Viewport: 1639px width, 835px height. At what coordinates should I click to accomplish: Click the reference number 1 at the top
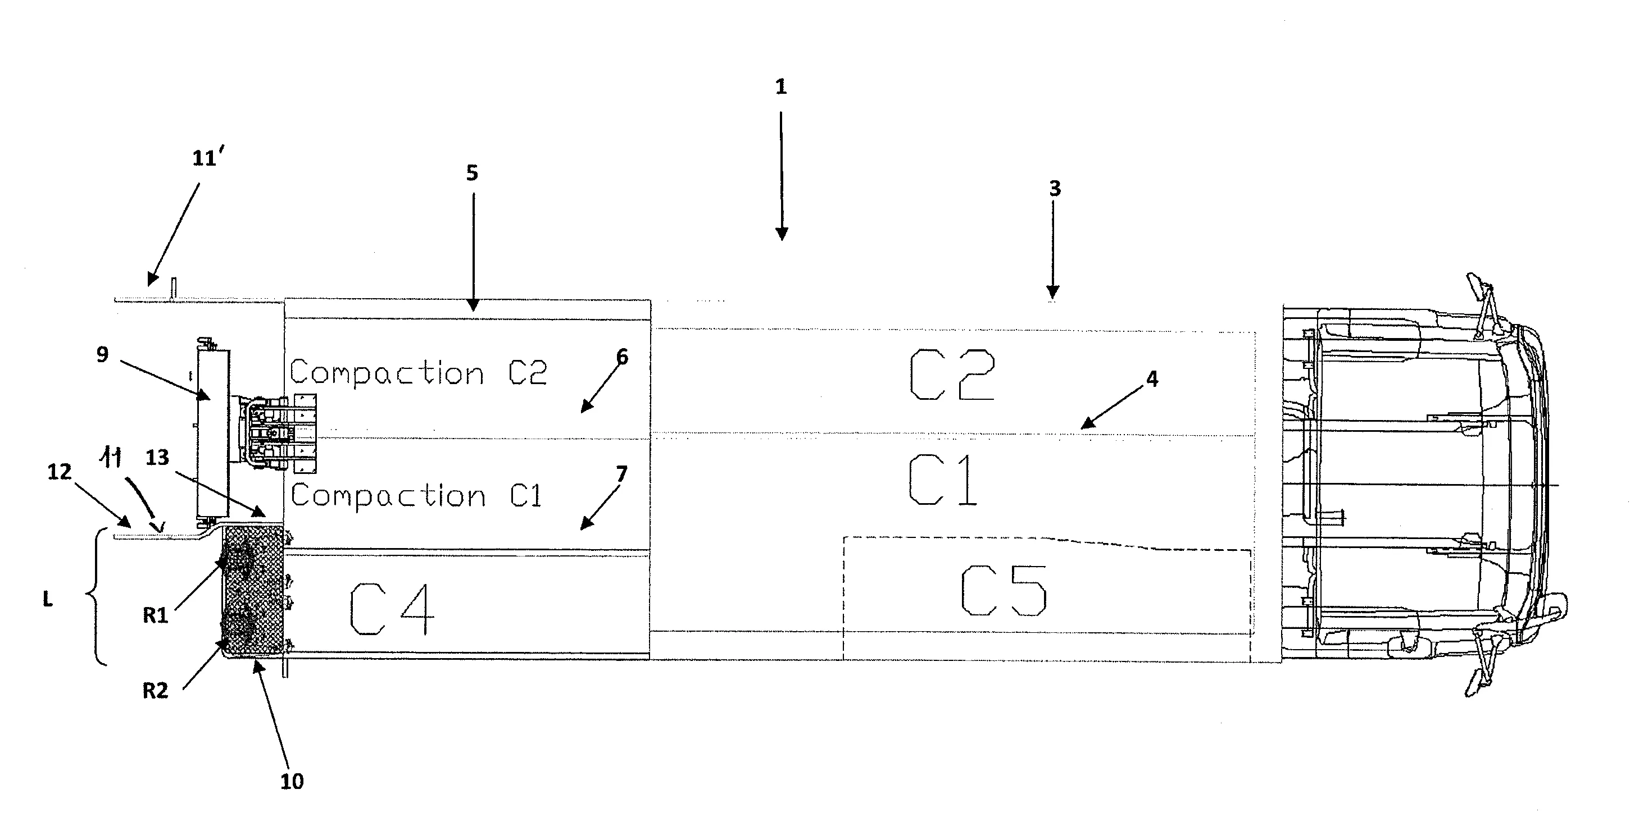point(780,87)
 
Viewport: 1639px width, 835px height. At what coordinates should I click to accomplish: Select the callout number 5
point(471,172)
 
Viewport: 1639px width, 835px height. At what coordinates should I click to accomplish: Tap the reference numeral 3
point(1055,188)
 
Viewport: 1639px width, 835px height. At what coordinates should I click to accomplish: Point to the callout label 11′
point(207,157)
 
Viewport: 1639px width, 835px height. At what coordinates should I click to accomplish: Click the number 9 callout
point(102,354)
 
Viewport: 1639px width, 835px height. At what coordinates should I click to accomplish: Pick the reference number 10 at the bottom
point(292,781)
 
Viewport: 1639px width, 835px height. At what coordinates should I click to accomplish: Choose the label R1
point(155,615)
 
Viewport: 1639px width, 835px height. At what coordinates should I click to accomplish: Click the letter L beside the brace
point(48,599)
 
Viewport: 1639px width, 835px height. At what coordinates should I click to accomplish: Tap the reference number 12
point(60,471)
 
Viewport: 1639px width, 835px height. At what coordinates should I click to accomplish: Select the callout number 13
point(157,457)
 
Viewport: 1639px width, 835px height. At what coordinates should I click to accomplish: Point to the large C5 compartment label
point(1003,591)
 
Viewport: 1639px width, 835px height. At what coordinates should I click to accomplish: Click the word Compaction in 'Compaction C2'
point(387,373)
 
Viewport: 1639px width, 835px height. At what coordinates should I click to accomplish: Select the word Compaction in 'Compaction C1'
point(388,495)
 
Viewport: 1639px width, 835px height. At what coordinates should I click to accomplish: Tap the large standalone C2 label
point(952,375)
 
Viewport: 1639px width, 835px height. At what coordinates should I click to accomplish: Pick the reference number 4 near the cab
point(1152,379)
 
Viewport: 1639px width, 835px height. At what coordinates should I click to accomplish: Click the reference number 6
point(621,357)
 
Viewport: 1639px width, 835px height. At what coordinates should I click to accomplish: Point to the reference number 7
point(621,474)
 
